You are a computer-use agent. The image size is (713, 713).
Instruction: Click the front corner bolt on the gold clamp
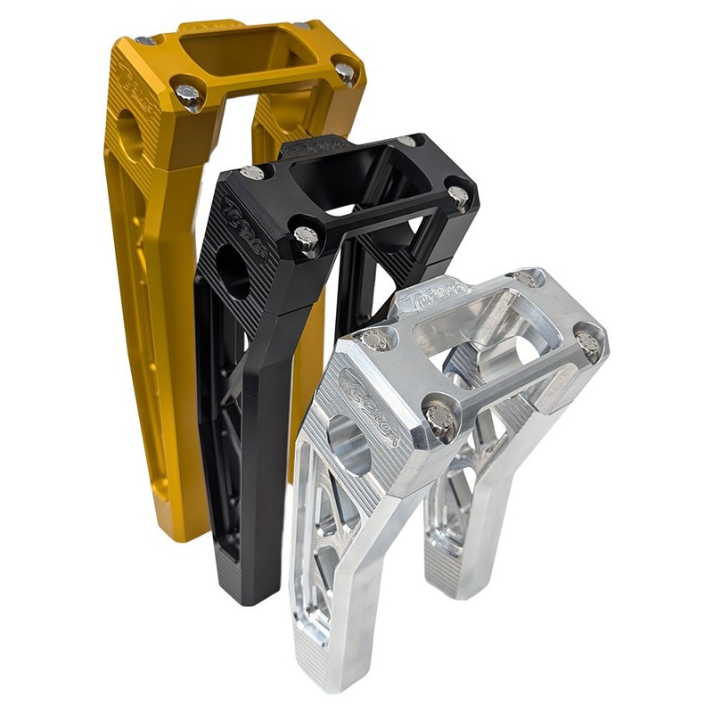coord(188,94)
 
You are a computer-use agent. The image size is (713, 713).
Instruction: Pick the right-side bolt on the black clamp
coord(458,195)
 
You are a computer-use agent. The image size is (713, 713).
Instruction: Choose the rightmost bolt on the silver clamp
coord(587,341)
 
